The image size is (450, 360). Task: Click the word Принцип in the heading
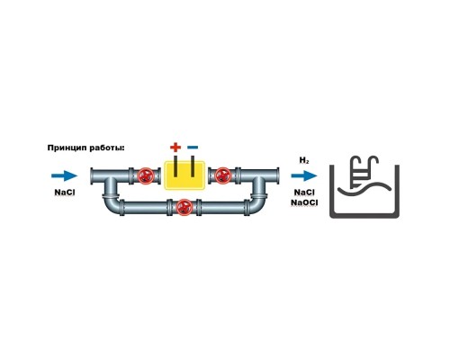[67, 148]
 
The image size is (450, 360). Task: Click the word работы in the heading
[105, 148]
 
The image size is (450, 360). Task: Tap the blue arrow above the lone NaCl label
[65, 175]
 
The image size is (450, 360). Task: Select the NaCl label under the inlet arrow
[65, 193]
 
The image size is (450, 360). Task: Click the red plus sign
[175, 148]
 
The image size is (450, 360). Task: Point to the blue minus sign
[193, 148]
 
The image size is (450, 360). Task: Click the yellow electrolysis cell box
[184, 175]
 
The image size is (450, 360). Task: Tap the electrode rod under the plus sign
[175, 166]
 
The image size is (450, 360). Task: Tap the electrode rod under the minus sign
[193, 166]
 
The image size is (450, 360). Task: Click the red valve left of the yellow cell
[146, 175]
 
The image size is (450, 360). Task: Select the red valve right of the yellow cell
[223, 175]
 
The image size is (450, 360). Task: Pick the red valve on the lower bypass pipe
[184, 207]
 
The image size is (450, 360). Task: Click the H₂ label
[304, 161]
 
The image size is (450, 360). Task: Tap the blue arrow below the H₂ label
[304, 175]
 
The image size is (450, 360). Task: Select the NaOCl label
[304, 202]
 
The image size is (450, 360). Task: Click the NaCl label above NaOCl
[304, 193]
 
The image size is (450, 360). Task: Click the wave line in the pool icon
[364, 187]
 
